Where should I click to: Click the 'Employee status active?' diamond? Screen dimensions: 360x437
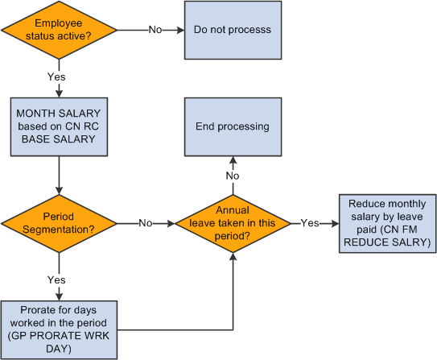[x=59, y=31]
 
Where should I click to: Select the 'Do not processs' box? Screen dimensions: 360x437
[x=232, y=31]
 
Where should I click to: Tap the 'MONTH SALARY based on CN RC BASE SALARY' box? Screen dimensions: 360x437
[x=59, y=126]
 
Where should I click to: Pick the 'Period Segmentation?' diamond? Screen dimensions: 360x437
[x=59, y=221]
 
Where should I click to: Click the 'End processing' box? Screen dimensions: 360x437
[x=232, y=126]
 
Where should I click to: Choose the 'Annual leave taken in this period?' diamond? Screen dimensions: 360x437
[x=232, y=221]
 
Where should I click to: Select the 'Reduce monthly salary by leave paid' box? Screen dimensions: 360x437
[x=383, y=223]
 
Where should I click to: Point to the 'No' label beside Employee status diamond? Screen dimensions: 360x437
[x=155, y=31]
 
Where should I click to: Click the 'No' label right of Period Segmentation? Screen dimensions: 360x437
[x=146, y=221]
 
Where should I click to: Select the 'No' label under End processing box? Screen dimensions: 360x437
[x=232, y=176]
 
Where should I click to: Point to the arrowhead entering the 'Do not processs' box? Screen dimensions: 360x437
[x=181, y=31]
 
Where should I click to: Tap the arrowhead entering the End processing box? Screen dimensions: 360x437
[x=232, y=159]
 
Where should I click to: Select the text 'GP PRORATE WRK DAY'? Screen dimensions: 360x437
[x=59, y=341]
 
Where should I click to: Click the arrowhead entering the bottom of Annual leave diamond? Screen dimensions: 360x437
[x=232, y=255]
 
